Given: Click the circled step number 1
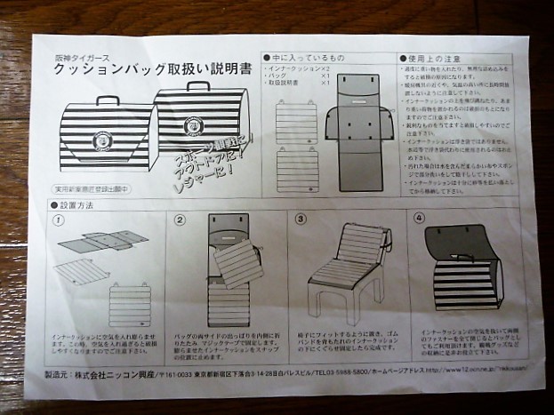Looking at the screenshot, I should pos(60,219).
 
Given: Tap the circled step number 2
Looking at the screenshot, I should pos(181,219).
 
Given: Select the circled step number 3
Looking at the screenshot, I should pos(300,219).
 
